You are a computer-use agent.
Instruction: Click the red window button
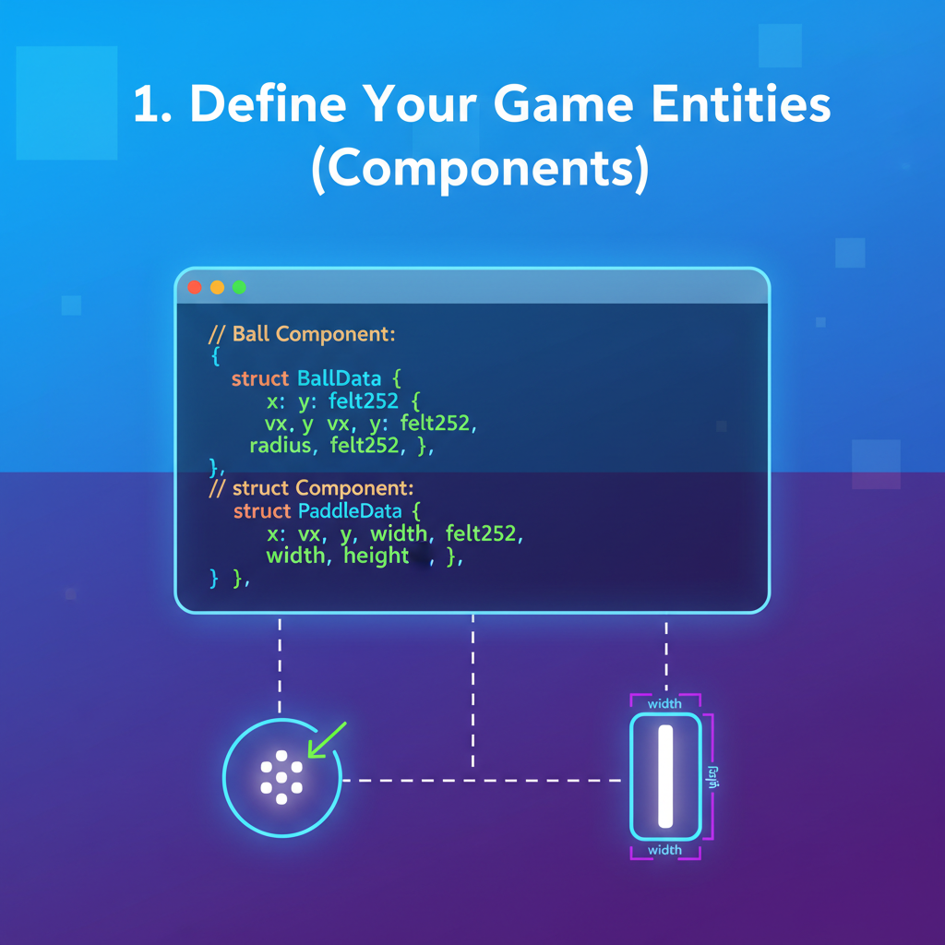click(194, 287)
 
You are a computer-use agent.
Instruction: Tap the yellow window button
click(217, 287)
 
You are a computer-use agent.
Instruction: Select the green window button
click(239, 287)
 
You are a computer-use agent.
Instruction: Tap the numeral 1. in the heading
click(151, 106)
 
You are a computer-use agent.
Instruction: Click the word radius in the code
click(282, 446)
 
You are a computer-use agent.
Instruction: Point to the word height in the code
click(376, 556)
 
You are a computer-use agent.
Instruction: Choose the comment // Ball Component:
click(303, 334)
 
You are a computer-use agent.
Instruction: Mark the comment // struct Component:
click(312, 488)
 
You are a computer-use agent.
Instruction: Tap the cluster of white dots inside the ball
click(281, 775)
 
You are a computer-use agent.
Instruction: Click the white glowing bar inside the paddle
click(665, 775)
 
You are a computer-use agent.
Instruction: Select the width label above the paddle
click(664, 704)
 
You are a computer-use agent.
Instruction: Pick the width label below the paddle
click(664, 850)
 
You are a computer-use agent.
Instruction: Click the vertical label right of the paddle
click(712, 775)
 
